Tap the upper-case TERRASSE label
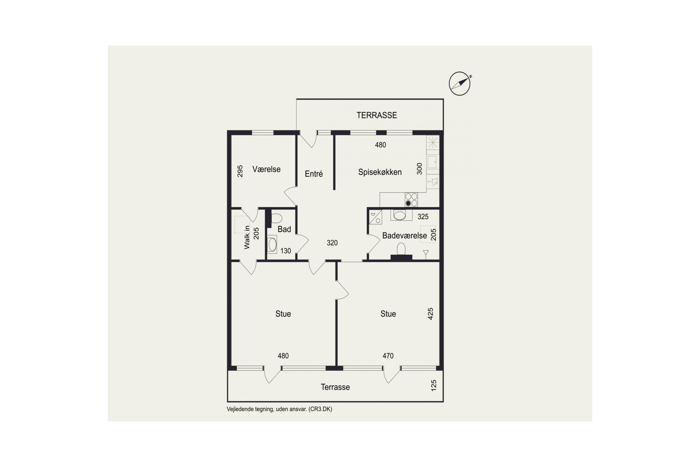[377, 115]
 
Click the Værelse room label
[266, 169]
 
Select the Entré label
[314, 174]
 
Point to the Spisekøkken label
[380, 172]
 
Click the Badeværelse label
[404, 236]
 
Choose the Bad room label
[284, 229]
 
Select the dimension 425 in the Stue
[430, 314]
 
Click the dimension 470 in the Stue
[388, 356]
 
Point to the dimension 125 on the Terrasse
[434, 386]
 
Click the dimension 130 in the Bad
[286, 251]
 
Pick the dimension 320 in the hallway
[332, 243]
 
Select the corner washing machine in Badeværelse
[375, 217]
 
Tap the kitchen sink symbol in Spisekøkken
[432, 162]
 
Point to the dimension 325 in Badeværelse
[423, 216]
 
